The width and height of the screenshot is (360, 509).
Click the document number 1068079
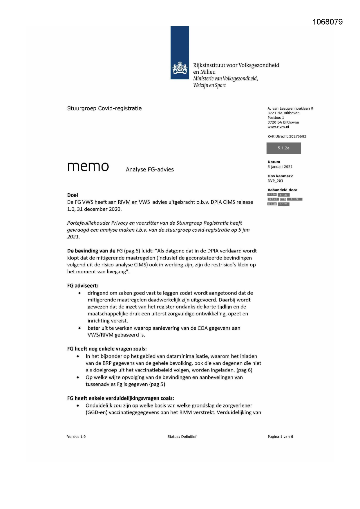click(x=328, y=22)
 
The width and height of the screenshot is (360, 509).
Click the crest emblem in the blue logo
click(x=180, y=69)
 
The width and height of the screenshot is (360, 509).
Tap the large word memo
click(x=88, y=167)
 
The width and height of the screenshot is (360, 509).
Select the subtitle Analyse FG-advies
click(x=150, y=169)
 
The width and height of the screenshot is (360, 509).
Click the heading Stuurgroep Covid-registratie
click(x=104, y=109)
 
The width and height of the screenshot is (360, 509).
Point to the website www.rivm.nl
click(x=278, y=127)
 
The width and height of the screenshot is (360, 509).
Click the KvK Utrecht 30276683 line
click(x=287, y=136)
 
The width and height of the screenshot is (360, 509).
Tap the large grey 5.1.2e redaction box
click(x=283, y=148)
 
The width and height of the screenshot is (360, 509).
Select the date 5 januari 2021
click(x=280, y=167)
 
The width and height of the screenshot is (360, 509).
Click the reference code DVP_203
click(x=275, y=181)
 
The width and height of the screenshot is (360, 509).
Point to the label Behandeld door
click(x=282, y=190)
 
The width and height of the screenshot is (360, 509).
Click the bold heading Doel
click(x=73, y=195)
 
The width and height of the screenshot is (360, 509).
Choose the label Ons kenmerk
click(x=280, y=176)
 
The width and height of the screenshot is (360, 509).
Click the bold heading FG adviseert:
click(x=83, y=286)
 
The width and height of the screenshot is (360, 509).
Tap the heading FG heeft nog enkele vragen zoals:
click(x=107, y=349)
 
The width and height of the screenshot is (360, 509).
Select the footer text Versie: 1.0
click(x=76, y=436)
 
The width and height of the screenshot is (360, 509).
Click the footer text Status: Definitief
click(x=182, y=436)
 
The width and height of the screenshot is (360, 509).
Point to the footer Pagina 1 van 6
click(x=280, y=436)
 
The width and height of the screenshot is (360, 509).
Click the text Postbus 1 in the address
click(x=276, y=118)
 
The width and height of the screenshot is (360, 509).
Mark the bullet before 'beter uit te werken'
click(x=79, y=328)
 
